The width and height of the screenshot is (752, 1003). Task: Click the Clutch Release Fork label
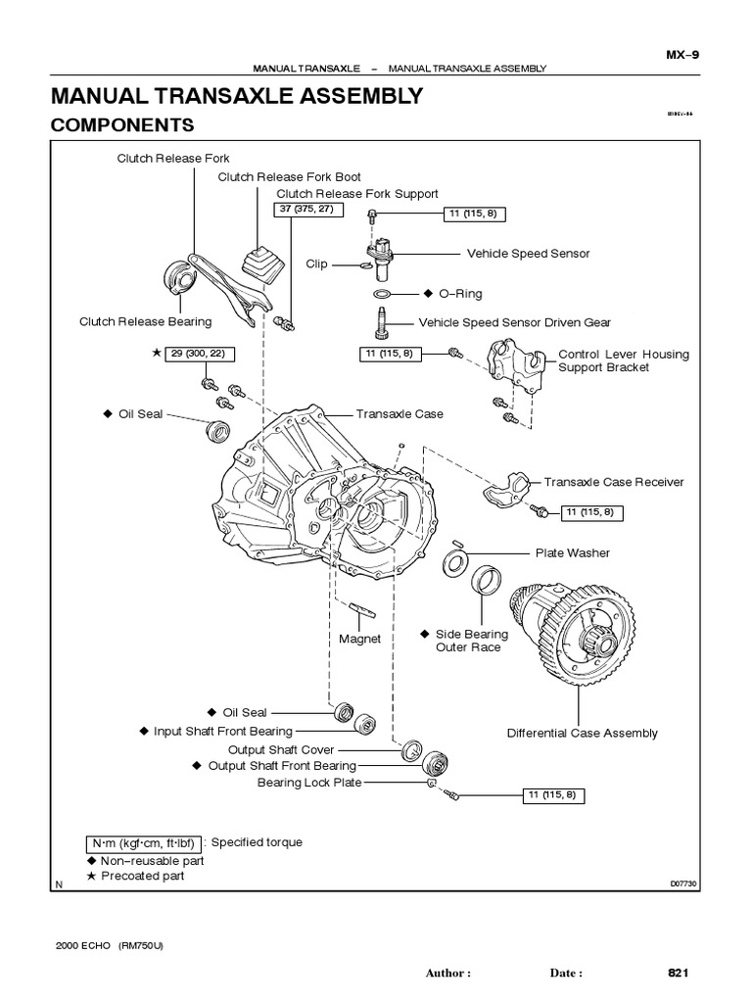click(173, 157)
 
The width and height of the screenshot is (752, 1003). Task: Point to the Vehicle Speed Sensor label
click(528, 254)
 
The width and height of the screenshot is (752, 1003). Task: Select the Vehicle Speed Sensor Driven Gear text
click(514, 322)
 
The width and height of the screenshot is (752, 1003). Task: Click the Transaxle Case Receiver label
click(614, 482)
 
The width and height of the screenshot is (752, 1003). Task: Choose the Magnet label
click(359, 639)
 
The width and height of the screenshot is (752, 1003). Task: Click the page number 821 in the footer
click(679, 973)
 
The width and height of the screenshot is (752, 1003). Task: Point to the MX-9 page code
click(681, 55)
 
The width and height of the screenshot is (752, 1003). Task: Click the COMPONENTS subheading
click(122, 125)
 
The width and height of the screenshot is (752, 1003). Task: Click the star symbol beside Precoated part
click(93, 876)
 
